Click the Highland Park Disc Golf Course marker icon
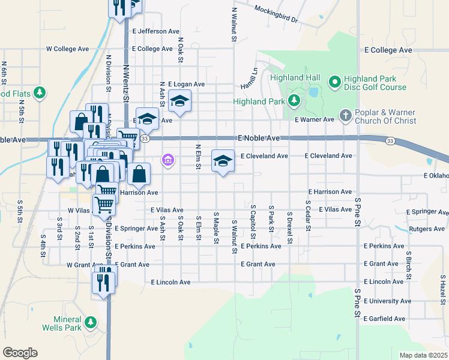point(334,80)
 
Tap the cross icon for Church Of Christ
point(345,114)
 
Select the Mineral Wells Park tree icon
point(91,323)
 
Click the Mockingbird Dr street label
point(276,14)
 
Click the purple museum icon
point(167,160)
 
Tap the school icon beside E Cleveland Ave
point(223,161)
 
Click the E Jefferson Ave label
point(155,31)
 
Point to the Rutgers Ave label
point(426,229)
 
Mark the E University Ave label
point(387,301)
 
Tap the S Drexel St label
point(289,223)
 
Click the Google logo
point(20,353)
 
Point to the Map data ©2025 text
point(423,355)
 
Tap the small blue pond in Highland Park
point(313,92)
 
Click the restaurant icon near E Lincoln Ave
point(104,281)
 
